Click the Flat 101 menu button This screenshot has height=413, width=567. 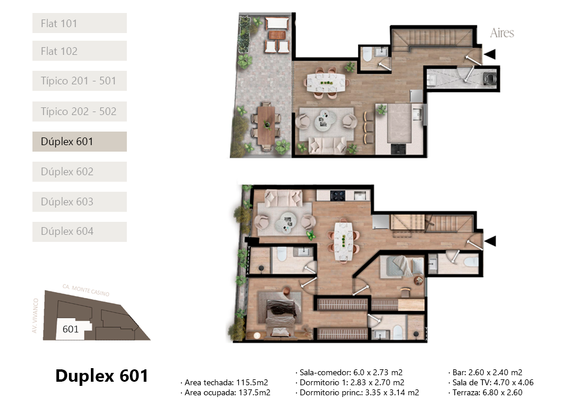click(x=80, y=23)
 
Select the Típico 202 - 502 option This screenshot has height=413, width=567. click(x=80, y=112)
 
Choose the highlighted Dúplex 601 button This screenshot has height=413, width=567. click(x=80, y=142)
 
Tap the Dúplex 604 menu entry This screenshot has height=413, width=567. click(x=80, y=231)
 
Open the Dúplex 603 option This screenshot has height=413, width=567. click(x=80, y=201)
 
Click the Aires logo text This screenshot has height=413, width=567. click(x=502, y=33)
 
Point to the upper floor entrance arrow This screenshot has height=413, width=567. click(x=490, y=54)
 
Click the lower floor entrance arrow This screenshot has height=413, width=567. click(x=490, y=241)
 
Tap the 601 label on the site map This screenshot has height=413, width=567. click(x=71, y=329)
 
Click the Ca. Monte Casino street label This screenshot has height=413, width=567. click(x=86, y=290)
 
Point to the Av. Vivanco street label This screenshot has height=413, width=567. click(x=35, y=316)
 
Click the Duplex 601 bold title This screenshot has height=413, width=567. click(x=101, y=376)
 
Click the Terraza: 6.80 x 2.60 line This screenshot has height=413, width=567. click(x=485, y=392)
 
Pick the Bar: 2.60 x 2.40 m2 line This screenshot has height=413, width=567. click(x=485, y=372)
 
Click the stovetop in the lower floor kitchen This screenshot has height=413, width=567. click(x=337, y=196)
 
